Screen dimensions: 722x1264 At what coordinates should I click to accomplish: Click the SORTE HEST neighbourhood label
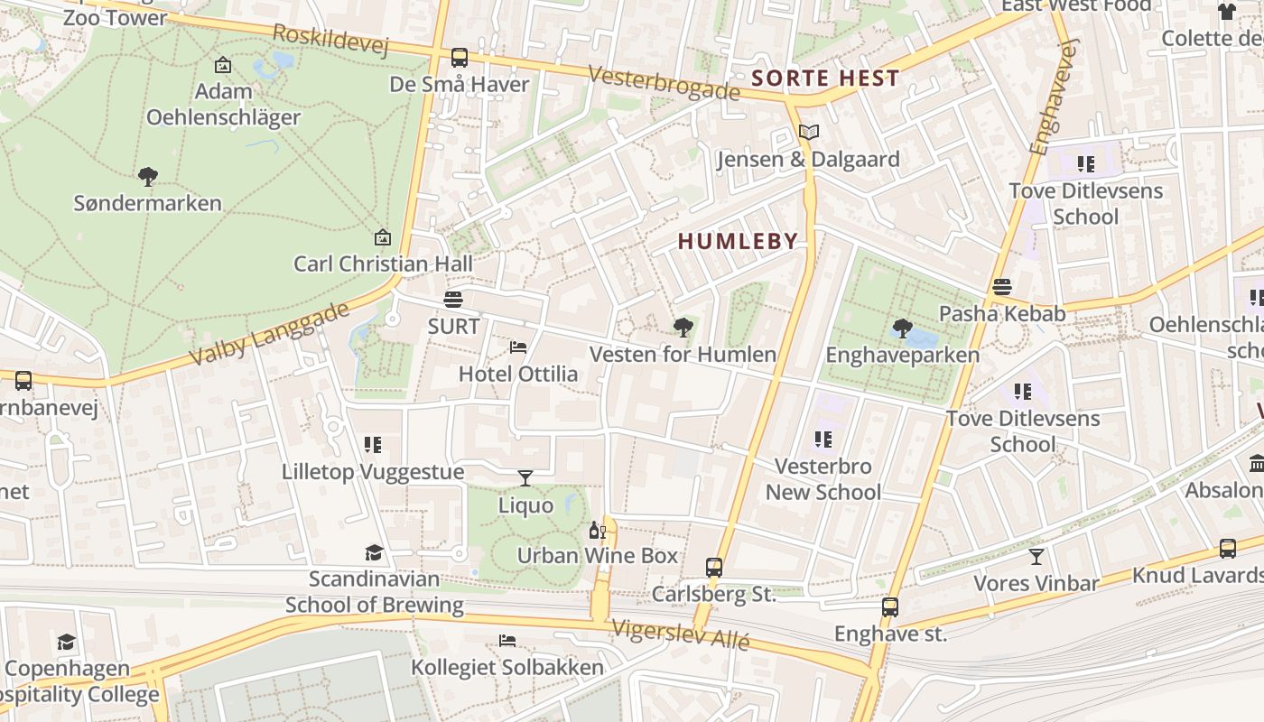pyautogui.click(x=825, y=79)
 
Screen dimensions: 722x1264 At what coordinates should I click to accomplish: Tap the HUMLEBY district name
pyautogui.click(x=738, y=241)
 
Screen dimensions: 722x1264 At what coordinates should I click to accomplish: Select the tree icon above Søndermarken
pyautogui.click(x=148, y=176)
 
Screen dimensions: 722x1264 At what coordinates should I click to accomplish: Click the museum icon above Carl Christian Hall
pyautogui.click(x=383, y=237)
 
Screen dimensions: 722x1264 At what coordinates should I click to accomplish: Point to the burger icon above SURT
pyautogui.click(x=453, y=299)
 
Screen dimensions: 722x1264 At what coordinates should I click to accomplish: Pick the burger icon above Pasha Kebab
pyautogui.click(x=1001, y=287)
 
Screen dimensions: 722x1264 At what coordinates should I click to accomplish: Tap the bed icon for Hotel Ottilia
pyautogui.click(x=518, y=347)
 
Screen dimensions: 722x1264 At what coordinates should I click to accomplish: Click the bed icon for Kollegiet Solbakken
pyautogui.click(x=507, y=641)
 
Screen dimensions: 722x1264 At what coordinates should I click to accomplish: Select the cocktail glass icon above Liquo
pyautogui.click(x=525, y=477)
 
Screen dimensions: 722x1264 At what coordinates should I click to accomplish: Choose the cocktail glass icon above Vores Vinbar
pyautogui.click(x=1036, y=556)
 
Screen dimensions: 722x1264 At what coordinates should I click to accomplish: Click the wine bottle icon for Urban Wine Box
pyautogui.click(x=596, y=529)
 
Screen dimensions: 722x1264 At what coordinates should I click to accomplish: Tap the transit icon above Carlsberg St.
pyautogui.click(x=714, y=568)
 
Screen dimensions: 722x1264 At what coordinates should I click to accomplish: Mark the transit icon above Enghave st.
pyautogui.click(x=890, y=606)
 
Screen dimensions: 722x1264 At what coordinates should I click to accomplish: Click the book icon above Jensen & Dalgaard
pyautogui.click(x=809, y=133)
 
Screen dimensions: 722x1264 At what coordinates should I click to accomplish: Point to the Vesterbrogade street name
pyautogui.click(x=665, y=83)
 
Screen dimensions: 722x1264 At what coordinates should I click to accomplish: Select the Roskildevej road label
pyautogui.click(x=330, y=40)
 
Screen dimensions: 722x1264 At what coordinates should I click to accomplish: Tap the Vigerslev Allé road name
pyautogui.click(x=680, y=634)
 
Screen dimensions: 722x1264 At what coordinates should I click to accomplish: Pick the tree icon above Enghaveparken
pyautogui.click(x=901, y=328)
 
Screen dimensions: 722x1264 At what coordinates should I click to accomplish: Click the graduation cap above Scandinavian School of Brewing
pyautogui.click(x=374, y=552)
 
